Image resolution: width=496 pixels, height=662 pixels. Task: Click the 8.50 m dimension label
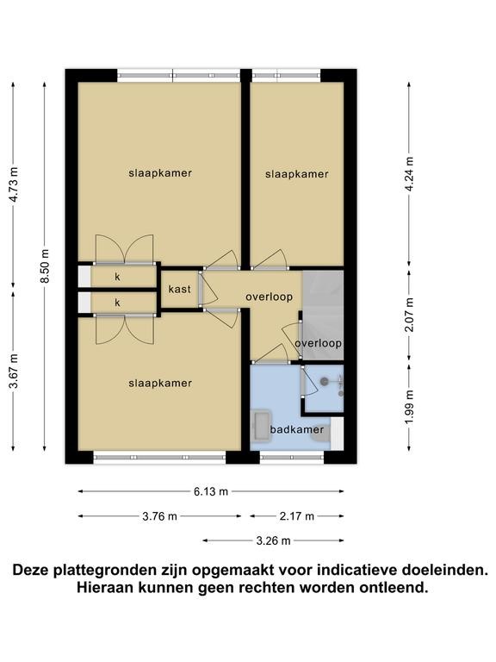(46, 266)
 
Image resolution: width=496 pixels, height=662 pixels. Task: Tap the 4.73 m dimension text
(14, 184)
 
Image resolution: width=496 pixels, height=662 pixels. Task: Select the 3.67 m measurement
(14, 371)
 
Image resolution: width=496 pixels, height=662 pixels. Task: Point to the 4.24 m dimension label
(409, 174)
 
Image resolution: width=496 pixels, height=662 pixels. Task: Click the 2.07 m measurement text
(409, 315)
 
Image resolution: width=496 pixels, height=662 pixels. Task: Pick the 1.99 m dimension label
(409, 408)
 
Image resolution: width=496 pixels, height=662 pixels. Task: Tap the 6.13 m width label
(211, 491)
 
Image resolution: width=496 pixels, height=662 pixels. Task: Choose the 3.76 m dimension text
(159, 516)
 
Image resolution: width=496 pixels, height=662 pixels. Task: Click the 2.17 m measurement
(297, 516)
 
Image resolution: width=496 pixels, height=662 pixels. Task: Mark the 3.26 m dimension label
(273, 540)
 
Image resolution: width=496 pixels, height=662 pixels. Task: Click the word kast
(180, 290)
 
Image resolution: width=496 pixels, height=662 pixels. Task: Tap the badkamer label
(297, 430)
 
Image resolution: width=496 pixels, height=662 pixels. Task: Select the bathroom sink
(261, 425)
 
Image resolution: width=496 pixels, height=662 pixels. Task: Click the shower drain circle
(324, 382)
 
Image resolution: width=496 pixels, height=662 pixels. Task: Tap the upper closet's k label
(118, 277)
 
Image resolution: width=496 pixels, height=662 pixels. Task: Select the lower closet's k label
(118, 303)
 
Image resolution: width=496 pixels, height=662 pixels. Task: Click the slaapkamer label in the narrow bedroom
(297, 174)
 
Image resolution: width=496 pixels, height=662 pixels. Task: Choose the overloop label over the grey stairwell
(319, 343)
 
